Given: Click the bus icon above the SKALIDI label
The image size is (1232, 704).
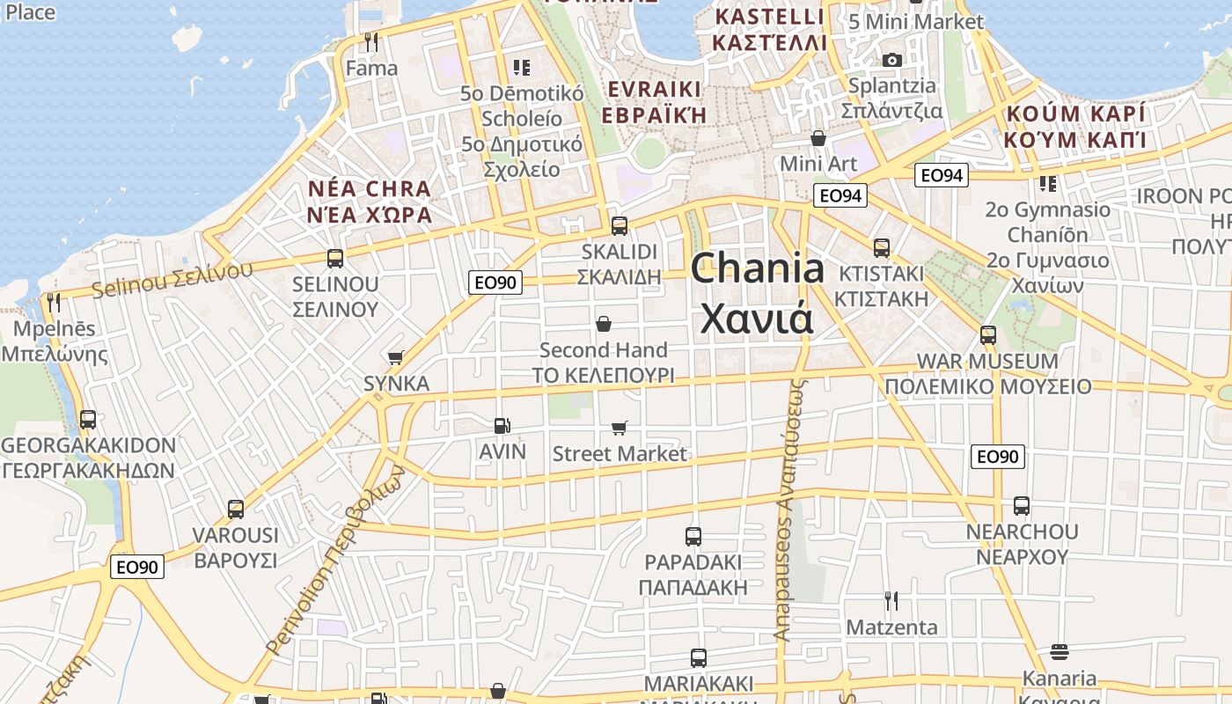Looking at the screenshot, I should (x=620, y=225).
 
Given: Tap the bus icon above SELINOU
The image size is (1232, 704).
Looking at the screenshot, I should (x=335, y=258).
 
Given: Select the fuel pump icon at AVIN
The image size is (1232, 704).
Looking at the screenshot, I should (x=502, y=426).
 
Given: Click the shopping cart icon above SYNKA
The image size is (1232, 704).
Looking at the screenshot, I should (x=396, y=357).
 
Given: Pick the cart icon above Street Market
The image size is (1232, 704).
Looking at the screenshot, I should (x=620, y=428).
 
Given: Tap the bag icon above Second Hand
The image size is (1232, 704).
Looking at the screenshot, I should (x=604, y=324).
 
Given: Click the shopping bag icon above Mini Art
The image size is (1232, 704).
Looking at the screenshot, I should (x=818, y=138).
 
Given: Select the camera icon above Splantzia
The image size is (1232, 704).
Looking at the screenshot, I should (x=892, y=60).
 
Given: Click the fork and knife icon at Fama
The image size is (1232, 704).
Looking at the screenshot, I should (x=371, y=41).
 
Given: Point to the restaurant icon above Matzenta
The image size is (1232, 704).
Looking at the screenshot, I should (x=891, y=601).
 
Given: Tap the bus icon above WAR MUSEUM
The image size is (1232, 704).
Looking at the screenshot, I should (x=988, y=335).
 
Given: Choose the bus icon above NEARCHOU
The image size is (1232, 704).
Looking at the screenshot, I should (x=1022, y=506).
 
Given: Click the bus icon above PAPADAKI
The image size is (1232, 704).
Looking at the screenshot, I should (x=693, y=536).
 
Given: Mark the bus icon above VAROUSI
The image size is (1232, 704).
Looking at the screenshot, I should (x=236, y=509).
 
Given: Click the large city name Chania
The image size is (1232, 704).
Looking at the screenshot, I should (x=757, y=268).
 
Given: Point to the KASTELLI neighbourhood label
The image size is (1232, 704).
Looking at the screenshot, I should (x=771, y=17).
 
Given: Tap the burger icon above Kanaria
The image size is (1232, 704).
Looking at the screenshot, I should (x=1060, y=652).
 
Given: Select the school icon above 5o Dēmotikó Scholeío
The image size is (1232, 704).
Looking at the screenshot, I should (x=522, y=67).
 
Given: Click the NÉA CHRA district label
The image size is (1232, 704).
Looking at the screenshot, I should (x=370, y=189).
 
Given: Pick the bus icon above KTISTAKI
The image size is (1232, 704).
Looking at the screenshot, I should (x=882, y=247).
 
